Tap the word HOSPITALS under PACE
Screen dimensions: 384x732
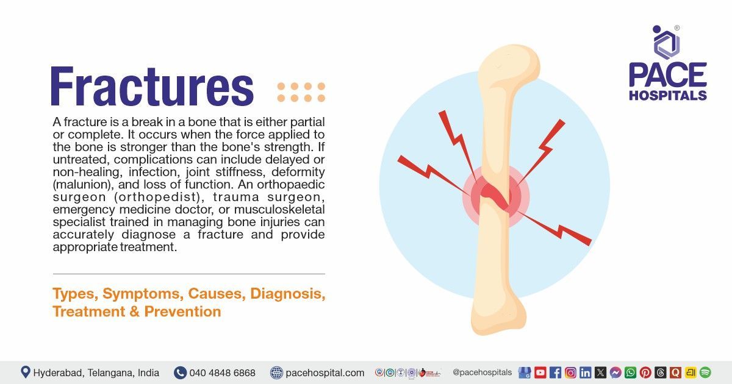click(x=667, y=96)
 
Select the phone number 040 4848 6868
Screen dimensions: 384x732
click(x=222, y=372)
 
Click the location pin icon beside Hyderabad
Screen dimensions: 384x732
click(x=26, y=372)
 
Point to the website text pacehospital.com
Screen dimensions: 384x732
click(x=325, y=372)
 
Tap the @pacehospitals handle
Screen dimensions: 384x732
click(x=482, y=372)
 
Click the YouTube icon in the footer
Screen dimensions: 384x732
click(x=540, y=372)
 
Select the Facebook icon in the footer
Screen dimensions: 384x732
click(x=555, y=372)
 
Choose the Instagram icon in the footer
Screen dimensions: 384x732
click(x=570, y=372)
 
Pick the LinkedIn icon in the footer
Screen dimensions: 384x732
click(x=586, y=372)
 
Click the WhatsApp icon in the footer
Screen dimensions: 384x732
click(x=630, y=372)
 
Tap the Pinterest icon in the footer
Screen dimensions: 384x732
click(x=645, y=372)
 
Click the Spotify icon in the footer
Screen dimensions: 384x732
click(x=705, y=372)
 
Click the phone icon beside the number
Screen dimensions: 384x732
click(x=180, y=372)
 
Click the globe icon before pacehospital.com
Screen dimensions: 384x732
click(x=276, y=372)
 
